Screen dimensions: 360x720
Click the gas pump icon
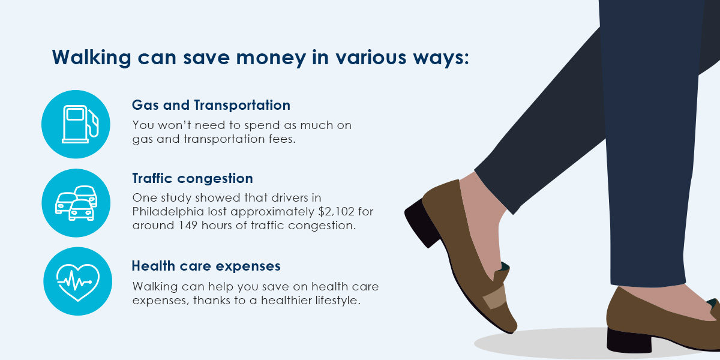tap(76, 124)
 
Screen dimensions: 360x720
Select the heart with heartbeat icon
tap(77, 281)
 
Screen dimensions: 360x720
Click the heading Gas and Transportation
tap(211, 105)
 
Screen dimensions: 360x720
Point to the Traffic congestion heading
tap(192, 179)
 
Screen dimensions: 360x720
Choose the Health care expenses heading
tap(206, 265)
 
